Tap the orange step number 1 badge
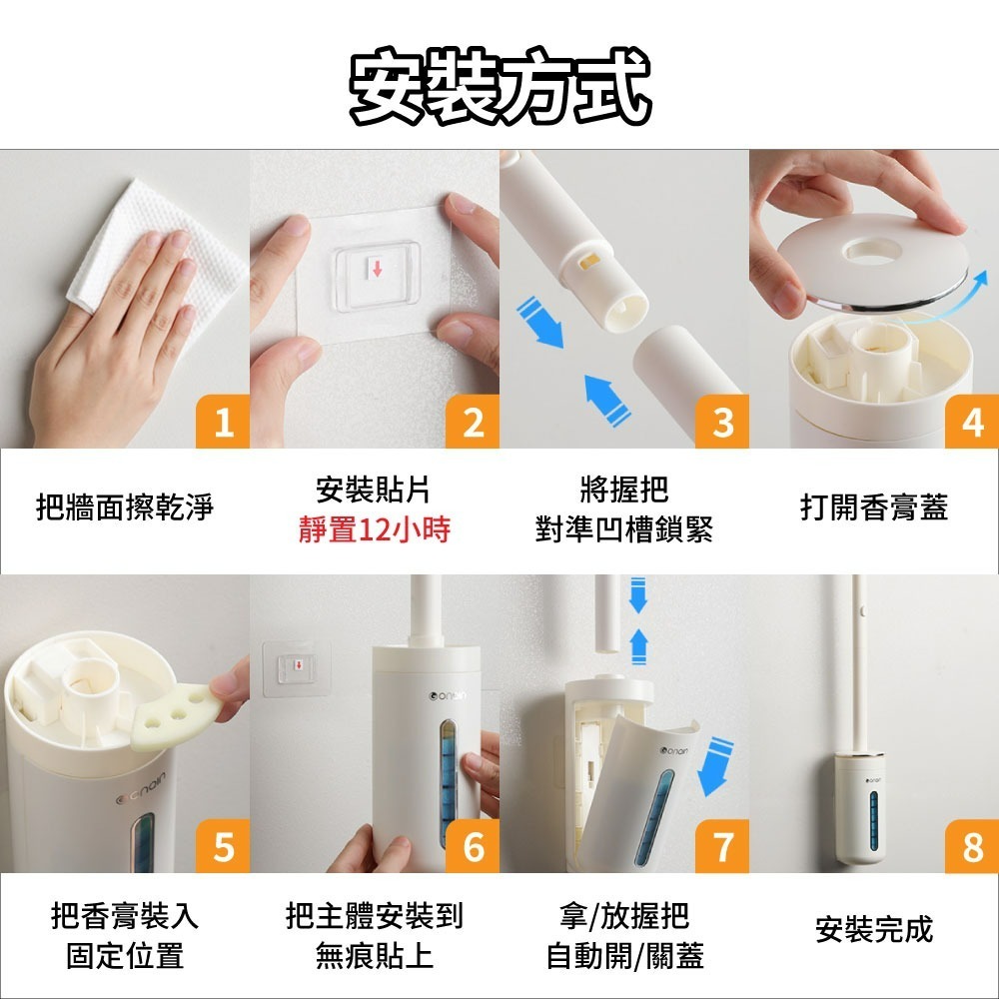click(x=223, y=422)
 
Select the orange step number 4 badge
click(x=972, y=422)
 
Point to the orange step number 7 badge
click(x=722, y=846)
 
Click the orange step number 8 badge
click(x=972, y=846)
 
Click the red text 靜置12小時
click(x=375, y=529)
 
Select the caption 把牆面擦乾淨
click(x=125, y=507)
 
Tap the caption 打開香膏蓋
click(x=874, y=507)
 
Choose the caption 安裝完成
click(x=874, y=929)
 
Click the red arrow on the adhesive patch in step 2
click(x=378, y=269)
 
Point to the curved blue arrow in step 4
click(x=948, y=300)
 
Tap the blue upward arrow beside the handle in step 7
click(x=639, y=646)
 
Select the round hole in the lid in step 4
click(x=870, y=250)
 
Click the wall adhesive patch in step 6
click(x=297, y=668)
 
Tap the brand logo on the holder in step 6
click(x=448, y=695)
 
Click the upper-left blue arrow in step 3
click(x=539, y=323)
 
